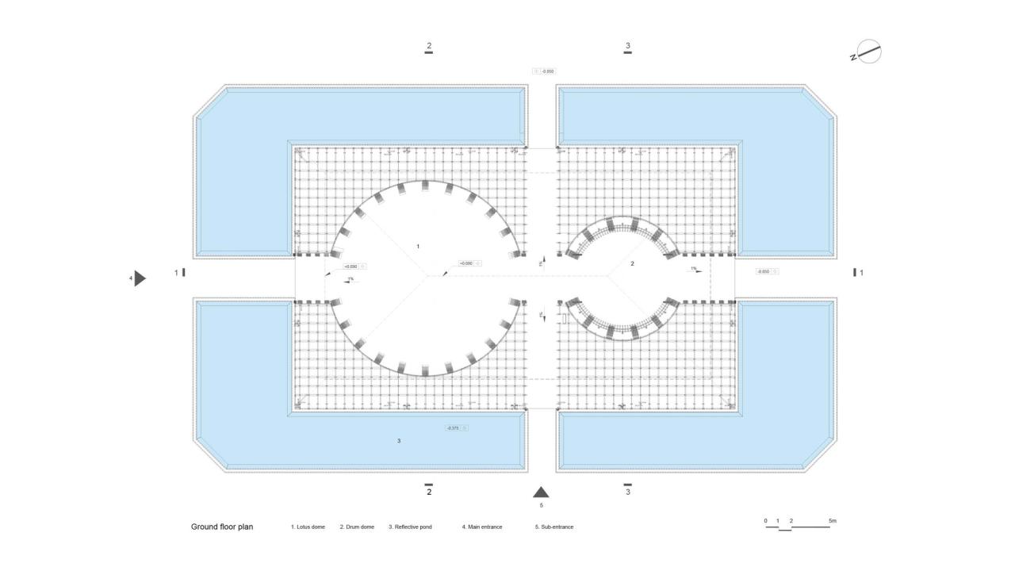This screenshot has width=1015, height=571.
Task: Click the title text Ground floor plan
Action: pos(222,527)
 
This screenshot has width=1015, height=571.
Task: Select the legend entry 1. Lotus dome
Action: pos(308,527)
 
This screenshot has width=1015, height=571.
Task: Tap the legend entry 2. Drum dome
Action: pos(357,527)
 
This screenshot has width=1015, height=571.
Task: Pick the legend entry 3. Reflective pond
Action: pos(410,527)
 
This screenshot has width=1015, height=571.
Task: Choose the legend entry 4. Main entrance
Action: pos(482,527)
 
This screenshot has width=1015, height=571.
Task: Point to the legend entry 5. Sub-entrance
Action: pos(554,527)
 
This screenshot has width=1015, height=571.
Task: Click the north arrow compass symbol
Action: pos(869,52)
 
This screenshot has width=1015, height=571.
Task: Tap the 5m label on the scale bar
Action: pos(832,521)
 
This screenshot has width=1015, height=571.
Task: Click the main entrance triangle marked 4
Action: pos(140,278)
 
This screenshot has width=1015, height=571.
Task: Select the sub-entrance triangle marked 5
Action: pos(541,492)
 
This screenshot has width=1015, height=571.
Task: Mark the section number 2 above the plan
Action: pos(429,46)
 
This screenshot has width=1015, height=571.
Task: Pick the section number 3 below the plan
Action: pos(628,492)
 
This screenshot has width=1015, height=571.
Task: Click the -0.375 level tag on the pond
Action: pos(456,428)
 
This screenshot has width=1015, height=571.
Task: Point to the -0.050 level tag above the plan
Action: pos(545,71)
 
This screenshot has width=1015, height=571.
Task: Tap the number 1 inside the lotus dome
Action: pos(418,247)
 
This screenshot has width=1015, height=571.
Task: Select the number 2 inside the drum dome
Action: pos(632,263)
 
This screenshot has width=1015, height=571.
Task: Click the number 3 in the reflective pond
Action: pos(399,441)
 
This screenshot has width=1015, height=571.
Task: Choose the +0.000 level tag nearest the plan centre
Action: pos(469,263)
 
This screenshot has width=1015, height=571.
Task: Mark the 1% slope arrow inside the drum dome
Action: pos(694,270)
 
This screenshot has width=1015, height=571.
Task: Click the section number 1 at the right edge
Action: pos(861,273)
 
